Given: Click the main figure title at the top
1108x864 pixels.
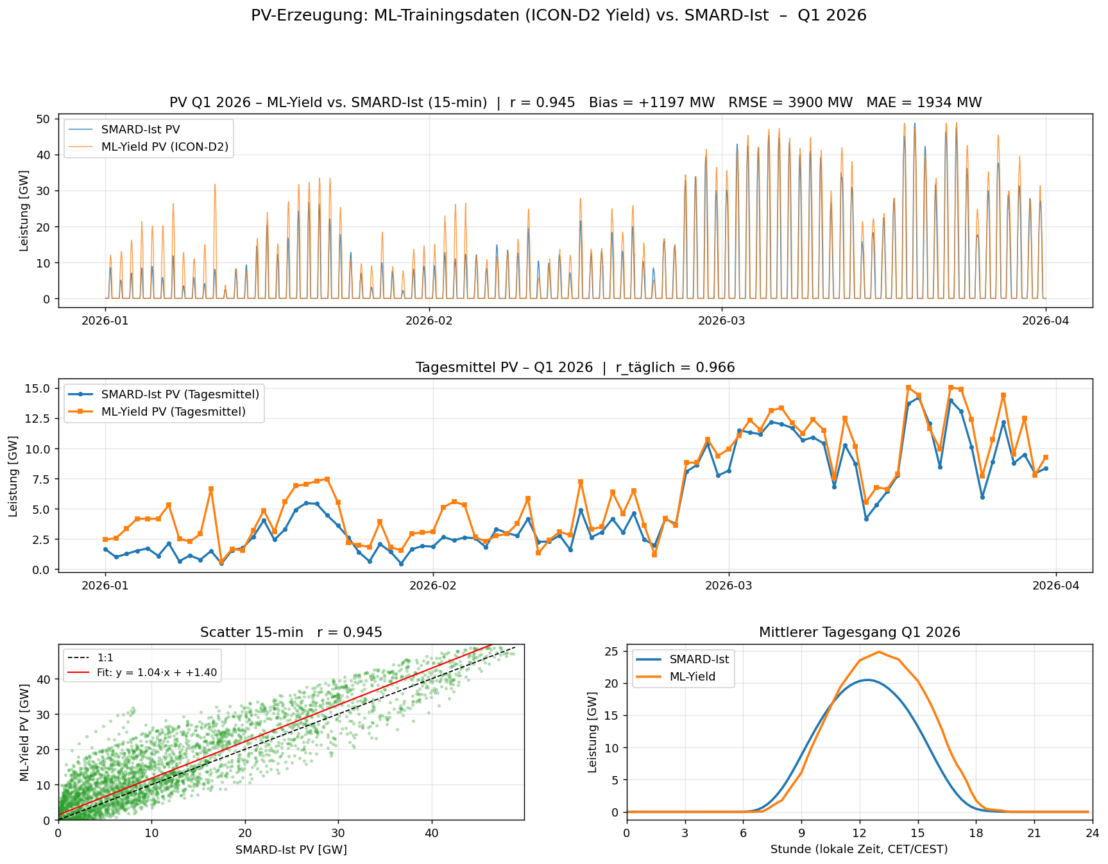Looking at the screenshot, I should pyautogui.click(x=558, y=15).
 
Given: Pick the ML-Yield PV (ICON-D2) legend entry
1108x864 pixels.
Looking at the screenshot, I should pyautogui.click(x=165, y=147).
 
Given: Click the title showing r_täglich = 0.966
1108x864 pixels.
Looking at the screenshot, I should pyautogui.click(x=575, y=368).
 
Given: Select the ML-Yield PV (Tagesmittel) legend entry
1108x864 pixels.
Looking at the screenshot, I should pyautogui.click(x=173, y=412).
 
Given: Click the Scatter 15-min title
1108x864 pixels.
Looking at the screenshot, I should pyautogui.click(x=291, y=632).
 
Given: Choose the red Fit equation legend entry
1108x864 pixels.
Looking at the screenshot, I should pyautogui.click(x=157, y=673).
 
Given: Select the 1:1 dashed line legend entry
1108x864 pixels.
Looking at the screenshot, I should pyautogui.click(x=105, y=657).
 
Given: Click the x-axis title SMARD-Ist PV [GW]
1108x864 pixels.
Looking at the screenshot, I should pyautogui.click(x=291, y=850).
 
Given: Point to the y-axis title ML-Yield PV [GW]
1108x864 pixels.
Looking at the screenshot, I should pyautogui.click(x=24, y=732).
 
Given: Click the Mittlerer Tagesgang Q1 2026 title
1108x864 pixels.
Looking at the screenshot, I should pyautogui.click(x=859, y=632).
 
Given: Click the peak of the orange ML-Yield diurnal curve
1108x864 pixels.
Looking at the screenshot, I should pyautogui.click(x=878, y=652).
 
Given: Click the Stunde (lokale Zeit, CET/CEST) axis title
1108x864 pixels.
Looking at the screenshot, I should pyautogui.click(x=859, y=850).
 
